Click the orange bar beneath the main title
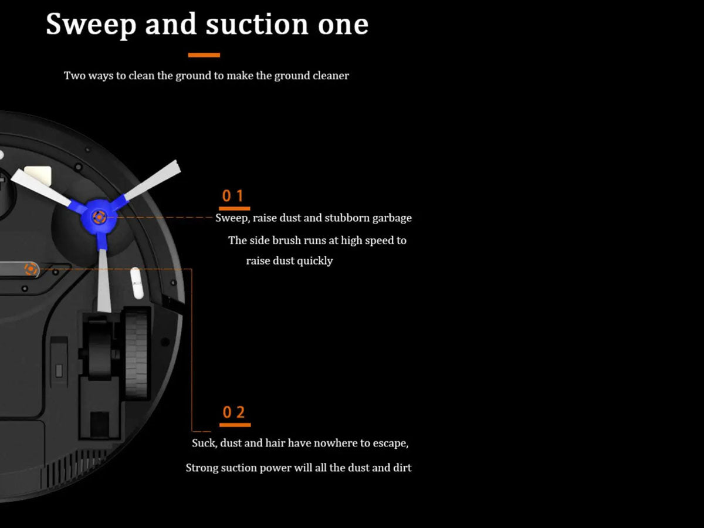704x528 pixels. (204, 55)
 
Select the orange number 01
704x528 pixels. (233, 195)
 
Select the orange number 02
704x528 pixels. (234, 412)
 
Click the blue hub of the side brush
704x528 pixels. (99, 217)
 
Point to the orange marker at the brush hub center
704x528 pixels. (99, 217)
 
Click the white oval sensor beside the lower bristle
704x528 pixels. (137, 283)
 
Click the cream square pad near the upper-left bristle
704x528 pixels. (39, 175)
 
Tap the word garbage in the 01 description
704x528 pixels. (392, 218)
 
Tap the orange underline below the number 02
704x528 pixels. (235, 425)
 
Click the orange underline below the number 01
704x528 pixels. (235, 208)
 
